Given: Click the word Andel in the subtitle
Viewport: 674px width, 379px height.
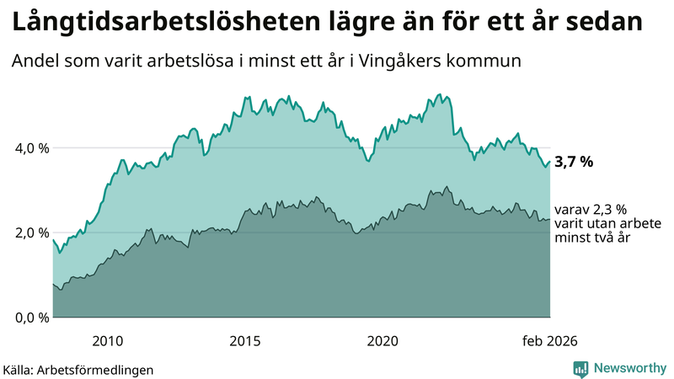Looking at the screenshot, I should click(35, 61).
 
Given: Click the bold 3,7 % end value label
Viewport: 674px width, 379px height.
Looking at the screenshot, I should click(574, 163).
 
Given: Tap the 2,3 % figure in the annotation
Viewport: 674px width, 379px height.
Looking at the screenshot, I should click(606, 210).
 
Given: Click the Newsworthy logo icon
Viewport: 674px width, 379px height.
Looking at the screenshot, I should click(580, 368).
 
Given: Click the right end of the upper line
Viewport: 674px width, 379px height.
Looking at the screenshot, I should click(549, 162).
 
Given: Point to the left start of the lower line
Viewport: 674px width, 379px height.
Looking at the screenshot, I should click(53, 285).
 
